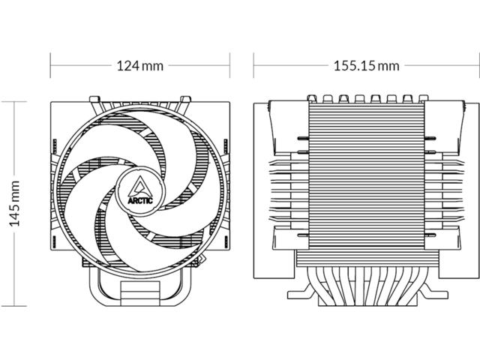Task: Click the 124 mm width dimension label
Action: (140, 66)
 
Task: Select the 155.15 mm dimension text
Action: (367, 66)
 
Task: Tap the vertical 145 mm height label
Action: (15, 203)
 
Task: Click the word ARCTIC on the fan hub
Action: (140, 201)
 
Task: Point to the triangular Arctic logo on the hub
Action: (140, 186)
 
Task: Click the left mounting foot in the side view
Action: (301, 292)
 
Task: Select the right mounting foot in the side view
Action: (433, 292)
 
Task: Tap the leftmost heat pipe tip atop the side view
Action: (311, 98)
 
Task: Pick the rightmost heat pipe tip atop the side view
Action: (423, 98)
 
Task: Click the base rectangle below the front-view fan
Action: (140, 293)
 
